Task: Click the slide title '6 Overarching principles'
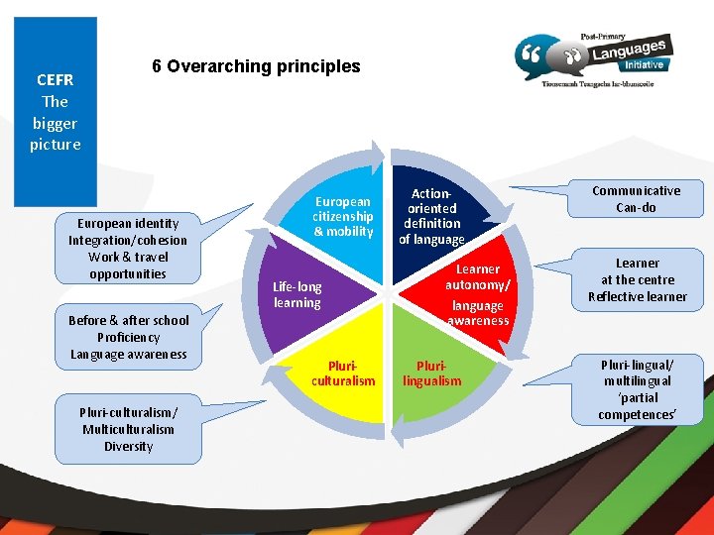(x=256, y=66)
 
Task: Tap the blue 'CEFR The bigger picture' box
(x=56, y=111)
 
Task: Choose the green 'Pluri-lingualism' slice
(x=431, y=373)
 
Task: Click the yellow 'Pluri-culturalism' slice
(x=343, y=373)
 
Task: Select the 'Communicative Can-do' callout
(x=636, y=199)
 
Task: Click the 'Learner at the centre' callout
(x=637, y=279)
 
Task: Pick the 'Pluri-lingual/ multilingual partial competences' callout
(x=636, y=388)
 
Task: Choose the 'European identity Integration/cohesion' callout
(x=127, y=249)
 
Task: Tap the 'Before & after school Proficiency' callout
(x=128, y=337)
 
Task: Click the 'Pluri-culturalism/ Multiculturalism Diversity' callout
(x=128, y=429)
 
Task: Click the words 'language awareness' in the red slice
(x=478, y=313)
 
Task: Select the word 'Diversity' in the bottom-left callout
(x=128, y=447)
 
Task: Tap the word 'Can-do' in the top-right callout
(x=636, y=208)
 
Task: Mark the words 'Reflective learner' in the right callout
(x=637, y=297)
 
